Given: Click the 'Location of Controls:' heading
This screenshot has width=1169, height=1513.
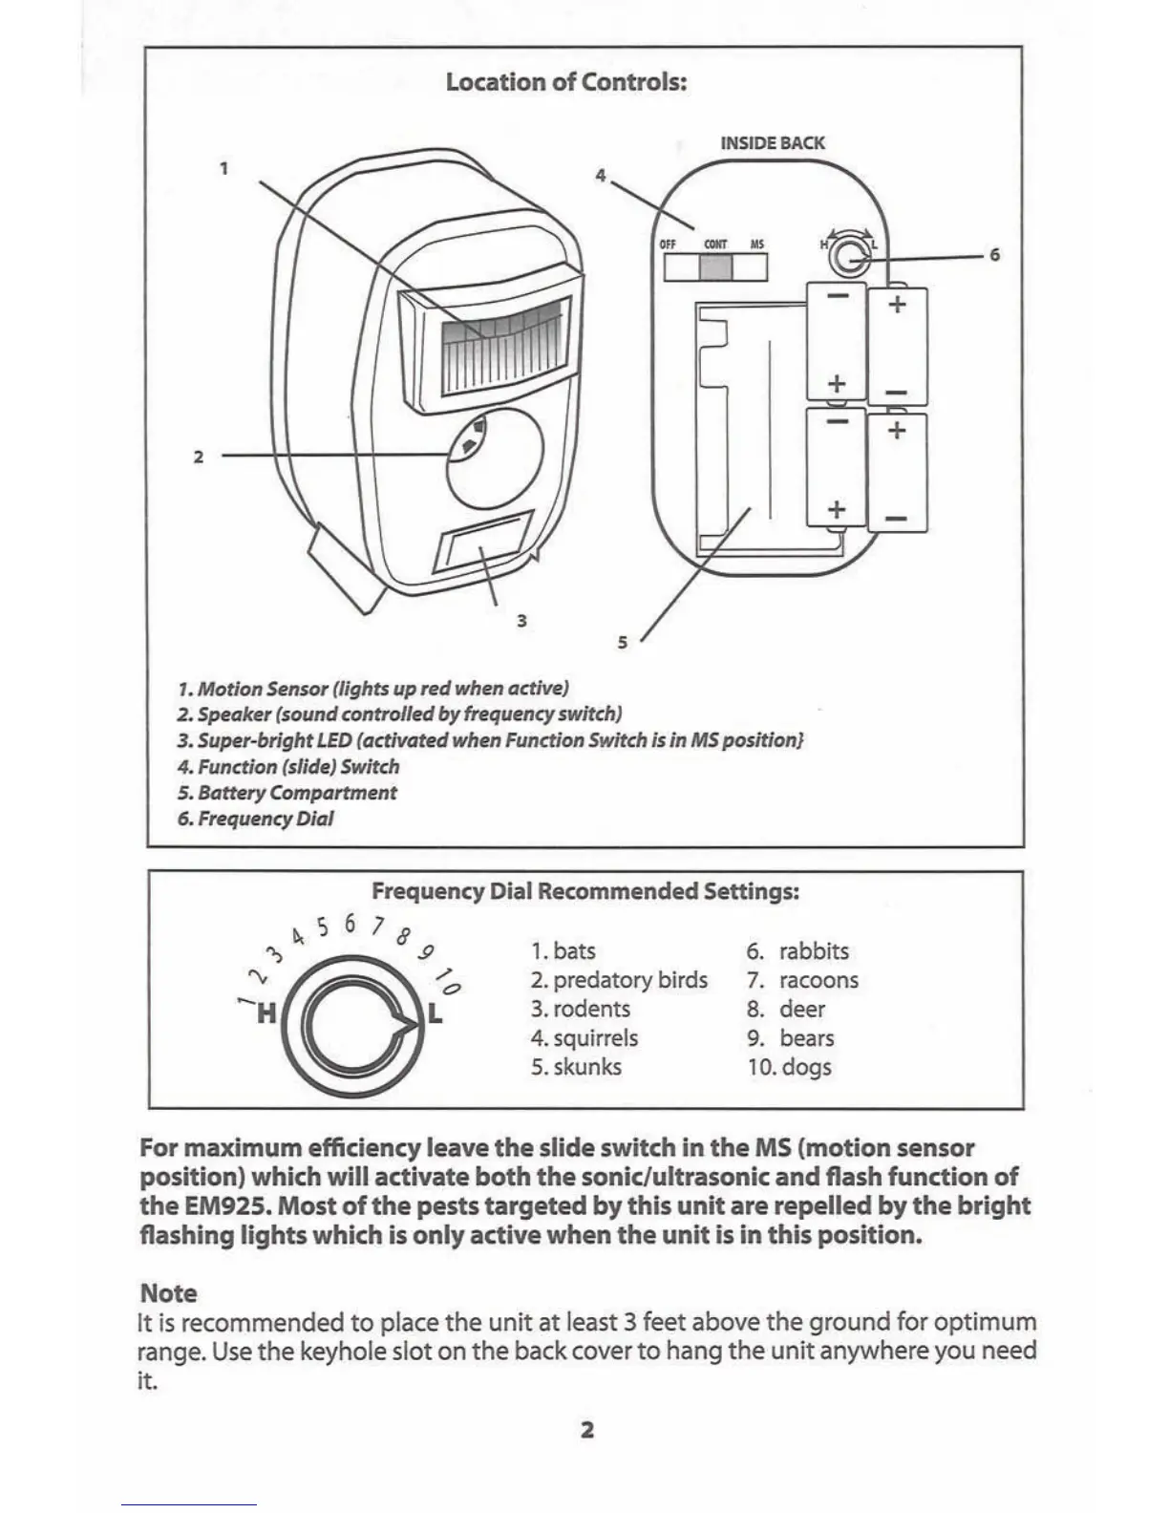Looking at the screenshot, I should [x=566, y=81].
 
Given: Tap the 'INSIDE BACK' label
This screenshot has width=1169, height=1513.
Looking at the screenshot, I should [x=772, y=143].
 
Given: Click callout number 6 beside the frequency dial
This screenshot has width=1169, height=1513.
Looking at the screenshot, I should [x=994, y=255].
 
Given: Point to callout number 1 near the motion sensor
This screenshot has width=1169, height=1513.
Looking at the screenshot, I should [x=223, y=169].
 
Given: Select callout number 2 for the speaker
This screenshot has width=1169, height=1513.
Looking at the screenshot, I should [x=199, y=457].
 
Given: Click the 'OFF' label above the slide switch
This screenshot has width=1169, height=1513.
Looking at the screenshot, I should [x=668, y=245].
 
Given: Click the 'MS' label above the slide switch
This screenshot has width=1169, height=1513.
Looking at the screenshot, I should [x=757, y=245].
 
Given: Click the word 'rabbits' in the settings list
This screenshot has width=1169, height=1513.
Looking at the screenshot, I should [x=814, y=951].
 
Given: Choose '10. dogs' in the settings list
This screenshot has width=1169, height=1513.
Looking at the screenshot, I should [x=789, y=1067].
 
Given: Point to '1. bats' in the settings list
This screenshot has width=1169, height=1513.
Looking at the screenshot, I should [x=563, y=951].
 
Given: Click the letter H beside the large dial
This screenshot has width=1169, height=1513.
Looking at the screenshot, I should [x=266, y=1012].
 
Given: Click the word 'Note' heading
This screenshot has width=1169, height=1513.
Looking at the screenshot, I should [x=168, y=1293].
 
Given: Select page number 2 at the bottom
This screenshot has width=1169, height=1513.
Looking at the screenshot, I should [x=587, y=1430].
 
